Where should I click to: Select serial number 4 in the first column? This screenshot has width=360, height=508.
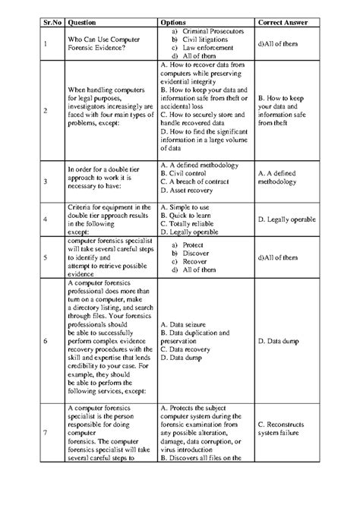point(46,220)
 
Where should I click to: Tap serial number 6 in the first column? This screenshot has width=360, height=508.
point(46,341)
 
